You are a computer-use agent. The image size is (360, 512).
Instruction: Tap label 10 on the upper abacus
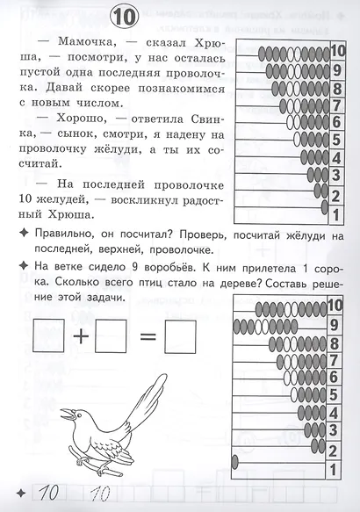(x=338, y=50)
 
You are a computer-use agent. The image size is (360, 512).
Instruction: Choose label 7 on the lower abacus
(x=334, y=359)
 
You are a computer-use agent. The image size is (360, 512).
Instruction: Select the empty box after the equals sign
(x=181, y=335)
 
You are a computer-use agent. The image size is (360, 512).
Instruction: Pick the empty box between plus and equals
(x=108, y=335)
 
